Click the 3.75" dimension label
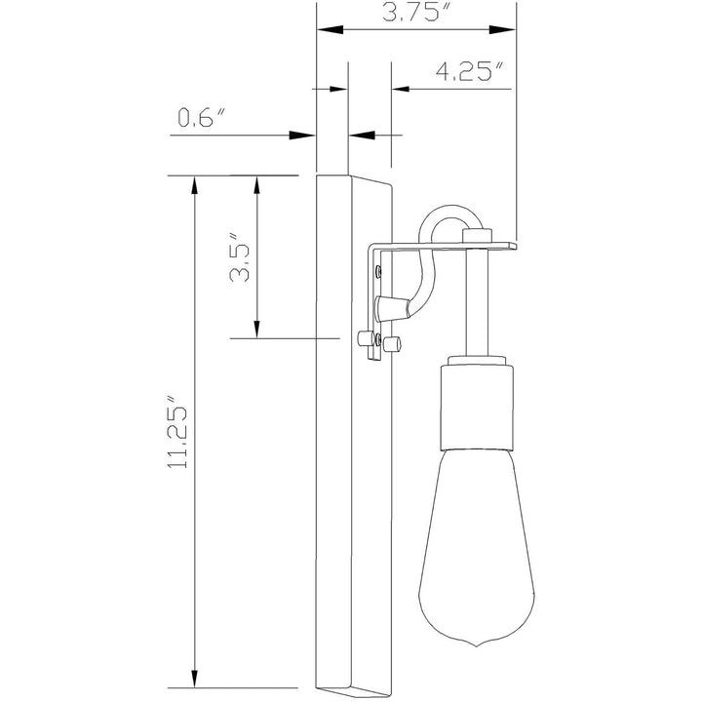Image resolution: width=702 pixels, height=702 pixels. pyautogui.click(x=415, y=13)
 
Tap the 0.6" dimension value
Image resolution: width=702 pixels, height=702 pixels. pyautogui.click(x=201, y=119)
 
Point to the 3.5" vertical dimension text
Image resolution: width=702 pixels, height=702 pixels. pyautogui.click(x=240, y=256)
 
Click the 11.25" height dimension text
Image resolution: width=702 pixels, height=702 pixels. pyautogui.click(x=178, y=433)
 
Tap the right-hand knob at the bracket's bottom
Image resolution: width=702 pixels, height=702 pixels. pyautogui.click(x=395, y=344)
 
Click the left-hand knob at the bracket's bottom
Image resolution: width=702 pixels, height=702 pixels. pyautogui.click(x=367, y=340)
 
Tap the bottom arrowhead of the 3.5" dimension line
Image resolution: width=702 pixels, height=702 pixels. pyautogui.click(x=257, y=329)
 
